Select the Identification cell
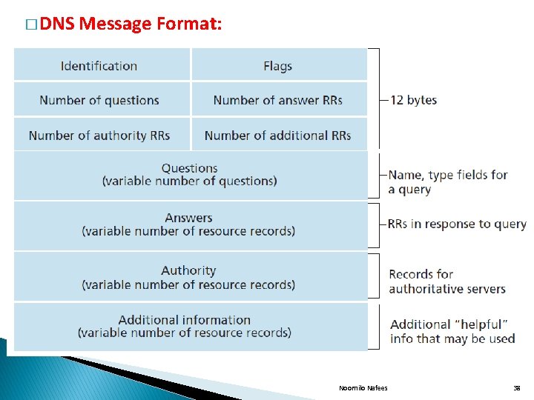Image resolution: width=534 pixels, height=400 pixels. (99, 66)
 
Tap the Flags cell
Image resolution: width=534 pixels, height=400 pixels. (278, 66)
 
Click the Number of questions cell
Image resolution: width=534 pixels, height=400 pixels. (99, 100)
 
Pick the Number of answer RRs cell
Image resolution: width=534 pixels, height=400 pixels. (278, 100)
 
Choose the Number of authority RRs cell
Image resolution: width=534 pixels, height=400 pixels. (99, 136)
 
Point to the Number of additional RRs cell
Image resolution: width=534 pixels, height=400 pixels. (278, 136)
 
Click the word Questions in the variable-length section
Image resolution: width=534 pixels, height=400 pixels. (190, 168)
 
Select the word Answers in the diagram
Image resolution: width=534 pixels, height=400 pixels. (189, 218)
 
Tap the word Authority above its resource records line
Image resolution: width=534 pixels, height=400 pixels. (188, 270)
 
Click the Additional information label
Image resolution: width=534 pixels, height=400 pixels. (185, 320)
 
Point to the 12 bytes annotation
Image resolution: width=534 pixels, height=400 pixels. (413, 100)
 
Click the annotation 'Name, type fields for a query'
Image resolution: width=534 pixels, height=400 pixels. (447, 182)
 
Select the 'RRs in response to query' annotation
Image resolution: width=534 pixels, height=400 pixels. (456, 224)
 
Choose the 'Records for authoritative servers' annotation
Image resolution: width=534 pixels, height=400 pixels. (446, 281)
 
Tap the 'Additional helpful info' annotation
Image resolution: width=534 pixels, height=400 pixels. (452, 331)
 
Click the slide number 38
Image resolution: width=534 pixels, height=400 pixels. (516, 387)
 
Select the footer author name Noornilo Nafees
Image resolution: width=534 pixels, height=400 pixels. (363, 387)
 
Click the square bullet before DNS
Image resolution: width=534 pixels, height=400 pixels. (30, 25)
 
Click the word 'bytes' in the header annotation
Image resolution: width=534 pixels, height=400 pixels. (422, 100)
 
